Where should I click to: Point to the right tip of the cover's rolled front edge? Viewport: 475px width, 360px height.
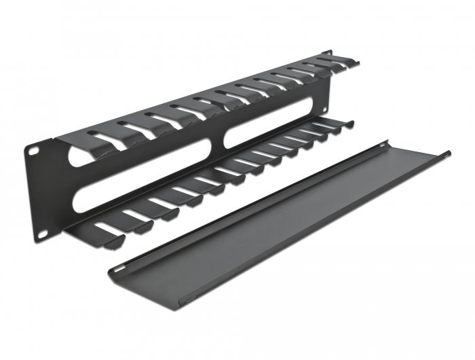[x=449, y=154]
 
